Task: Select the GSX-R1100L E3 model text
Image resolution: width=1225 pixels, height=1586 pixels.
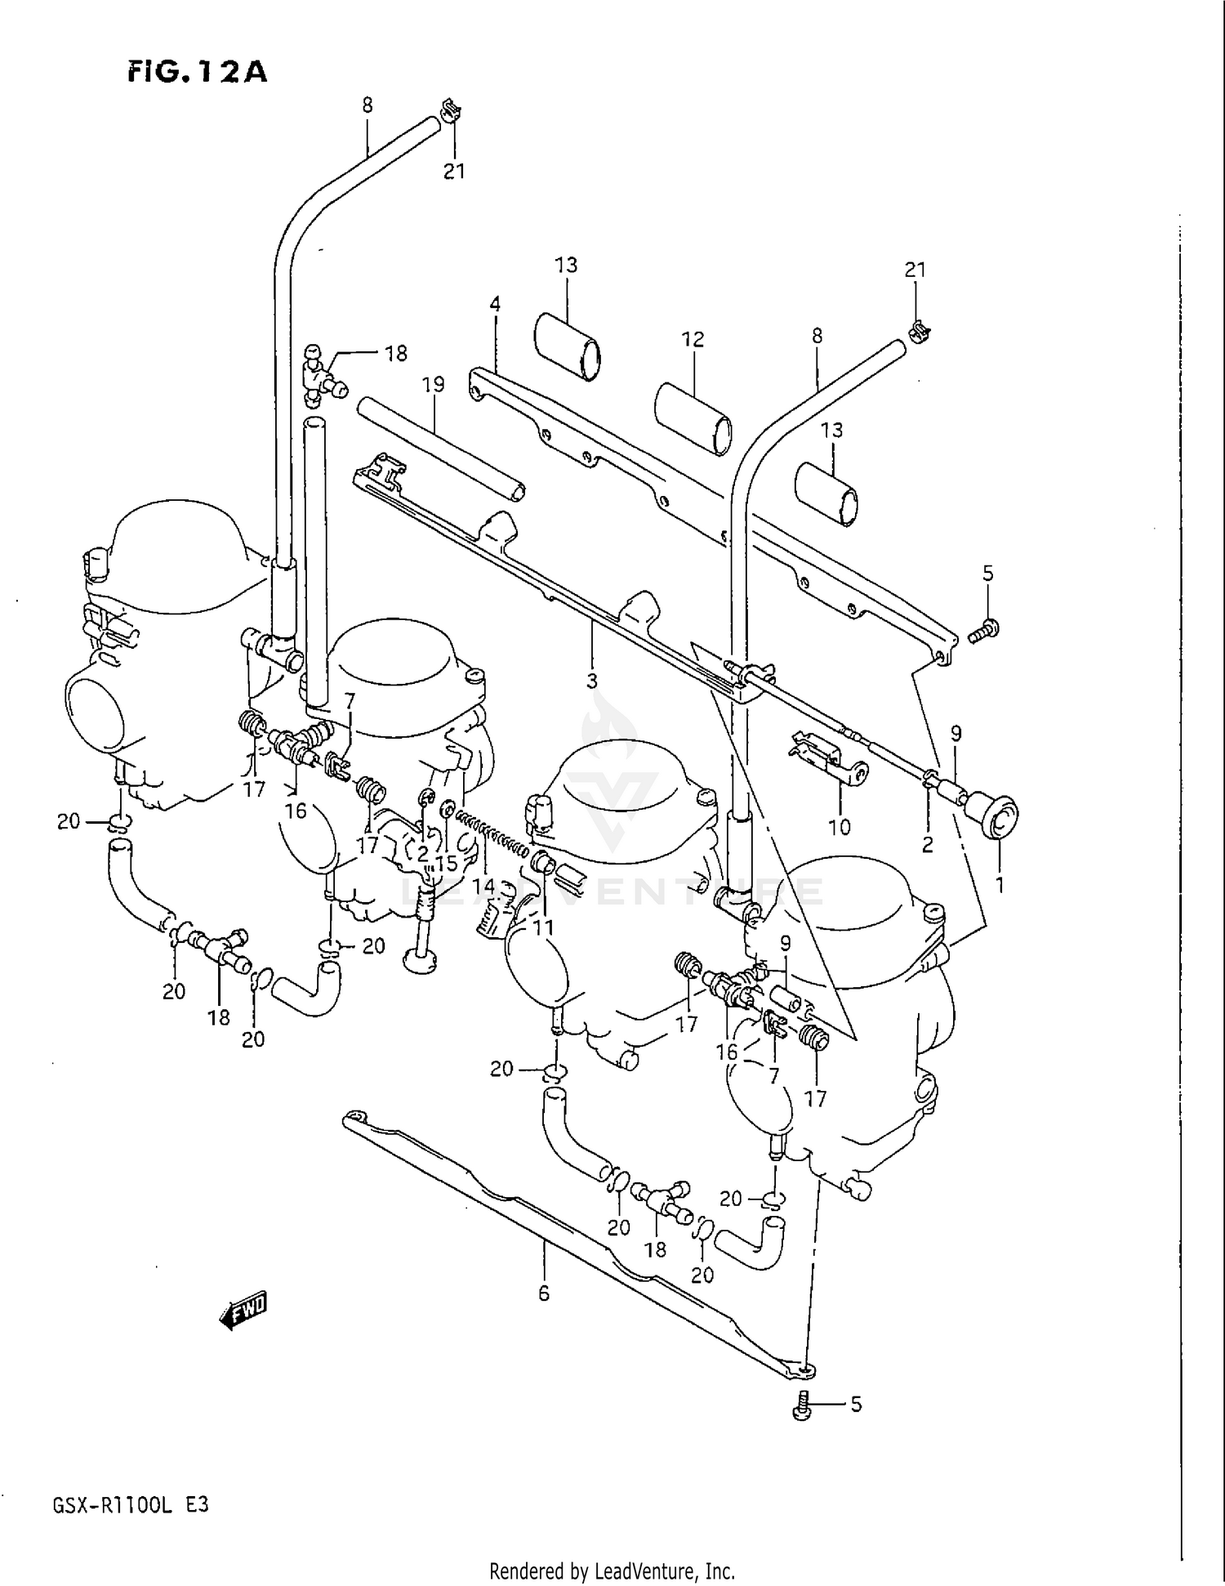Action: pos(131,1504)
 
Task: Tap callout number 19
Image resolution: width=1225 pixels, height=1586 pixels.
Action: pos(433,384)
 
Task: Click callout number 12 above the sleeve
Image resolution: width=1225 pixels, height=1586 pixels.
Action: pos(693,339)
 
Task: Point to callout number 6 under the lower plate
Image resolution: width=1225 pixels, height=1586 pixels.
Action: pos(544,1293)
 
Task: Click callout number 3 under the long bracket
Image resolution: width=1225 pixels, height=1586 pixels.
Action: pos(591,680)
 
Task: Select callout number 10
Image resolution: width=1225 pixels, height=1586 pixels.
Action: pos(839,827)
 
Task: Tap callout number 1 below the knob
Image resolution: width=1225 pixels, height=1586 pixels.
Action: pos(999,883)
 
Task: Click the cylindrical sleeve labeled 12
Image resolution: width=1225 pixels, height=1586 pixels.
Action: pos(694,417)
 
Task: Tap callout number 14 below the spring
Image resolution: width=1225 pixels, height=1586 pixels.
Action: pos(484,885)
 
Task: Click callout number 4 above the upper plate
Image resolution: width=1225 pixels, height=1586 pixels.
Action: pos(495,305)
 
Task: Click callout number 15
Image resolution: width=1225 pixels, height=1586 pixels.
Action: pos(446,863)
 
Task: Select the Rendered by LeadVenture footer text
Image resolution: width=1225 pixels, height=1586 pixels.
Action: pos(612,1570)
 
